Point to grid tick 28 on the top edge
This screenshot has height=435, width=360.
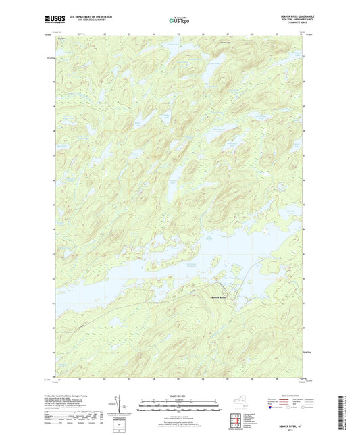(x=252, y=32)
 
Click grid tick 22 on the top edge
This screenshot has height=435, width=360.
(x=106, y=32)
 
